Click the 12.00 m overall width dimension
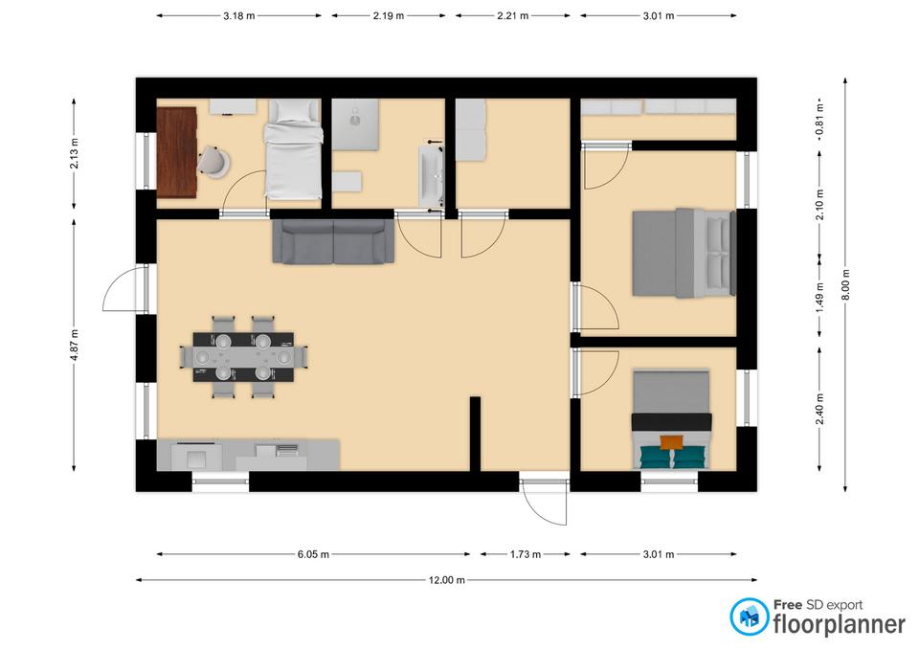pos(447,580)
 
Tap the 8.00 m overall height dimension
pos(845,285)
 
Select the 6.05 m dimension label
pos(313,554)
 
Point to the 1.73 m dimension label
pos(526,554)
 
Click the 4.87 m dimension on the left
pos(74,346)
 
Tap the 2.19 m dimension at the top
pos(388,16)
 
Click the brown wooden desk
pos(176,152)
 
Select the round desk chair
pos(213,161)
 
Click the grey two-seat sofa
pos(333,241)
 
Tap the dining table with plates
pos(243,357)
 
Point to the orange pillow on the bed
pos(672,442)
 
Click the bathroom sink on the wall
pos(432,176)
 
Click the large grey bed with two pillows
pos(684,253)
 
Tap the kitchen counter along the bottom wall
pos(248,455)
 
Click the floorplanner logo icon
pos(749,616)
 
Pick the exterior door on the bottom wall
pos(545,502)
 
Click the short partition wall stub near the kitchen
pos(476,434)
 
